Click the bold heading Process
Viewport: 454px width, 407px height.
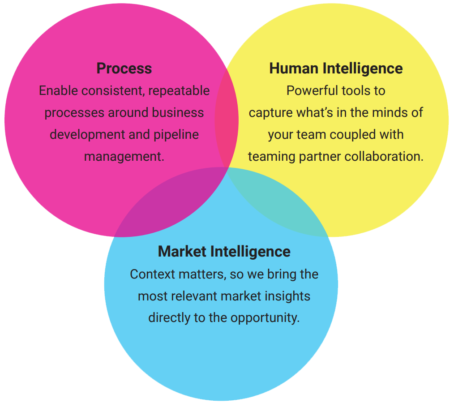(124, 69)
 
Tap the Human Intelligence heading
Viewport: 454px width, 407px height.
(336, 69)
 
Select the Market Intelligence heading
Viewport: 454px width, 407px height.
(224, 251)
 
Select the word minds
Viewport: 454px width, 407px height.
(386, 112)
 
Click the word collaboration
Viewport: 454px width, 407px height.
(383, 156)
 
